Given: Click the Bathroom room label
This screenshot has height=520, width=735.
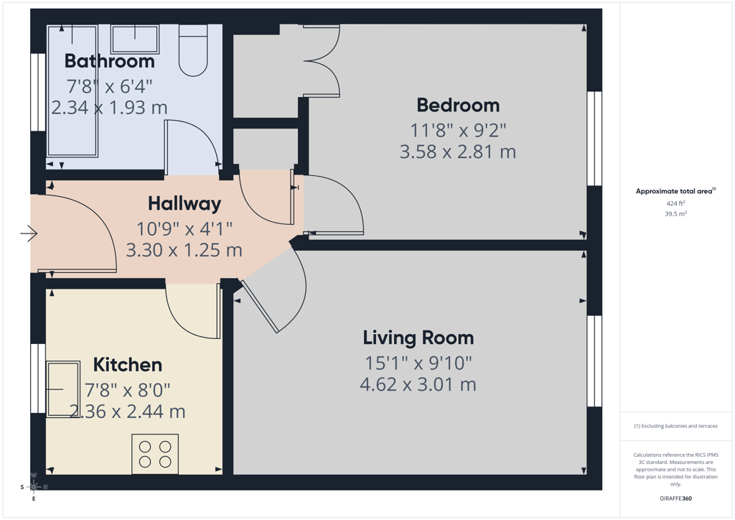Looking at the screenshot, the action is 109,61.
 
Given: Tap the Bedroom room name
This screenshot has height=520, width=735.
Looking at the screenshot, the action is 458,105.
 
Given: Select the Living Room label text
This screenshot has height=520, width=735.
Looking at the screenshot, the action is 418,338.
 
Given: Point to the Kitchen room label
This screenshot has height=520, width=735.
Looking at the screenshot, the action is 128,365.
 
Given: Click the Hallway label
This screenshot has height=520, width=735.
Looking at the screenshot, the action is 184,203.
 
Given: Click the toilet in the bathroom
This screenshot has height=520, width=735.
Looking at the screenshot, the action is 193,51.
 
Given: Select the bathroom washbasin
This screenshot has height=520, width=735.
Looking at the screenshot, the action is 135,39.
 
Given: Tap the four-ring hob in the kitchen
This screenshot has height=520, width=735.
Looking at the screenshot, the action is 155,454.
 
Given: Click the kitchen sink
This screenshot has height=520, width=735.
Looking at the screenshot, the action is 63,389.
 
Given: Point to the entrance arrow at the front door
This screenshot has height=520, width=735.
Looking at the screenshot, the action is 29,233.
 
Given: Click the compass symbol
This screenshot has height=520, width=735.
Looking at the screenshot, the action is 34,487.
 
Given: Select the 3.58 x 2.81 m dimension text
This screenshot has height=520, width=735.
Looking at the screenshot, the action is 457,152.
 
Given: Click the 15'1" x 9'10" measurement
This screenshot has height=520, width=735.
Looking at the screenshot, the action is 418,363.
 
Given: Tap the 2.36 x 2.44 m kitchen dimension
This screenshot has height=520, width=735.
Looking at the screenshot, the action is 128,412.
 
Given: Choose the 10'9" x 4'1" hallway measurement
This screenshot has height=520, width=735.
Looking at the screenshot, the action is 184,229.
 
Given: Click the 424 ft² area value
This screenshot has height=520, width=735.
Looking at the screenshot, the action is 675,203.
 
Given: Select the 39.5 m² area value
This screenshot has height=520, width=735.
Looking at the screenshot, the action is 675,214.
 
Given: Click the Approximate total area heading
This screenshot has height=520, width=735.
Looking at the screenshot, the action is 675,191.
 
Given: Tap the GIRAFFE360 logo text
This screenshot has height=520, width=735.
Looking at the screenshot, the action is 675,498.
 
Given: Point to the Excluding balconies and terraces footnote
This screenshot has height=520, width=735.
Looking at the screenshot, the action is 675,426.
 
